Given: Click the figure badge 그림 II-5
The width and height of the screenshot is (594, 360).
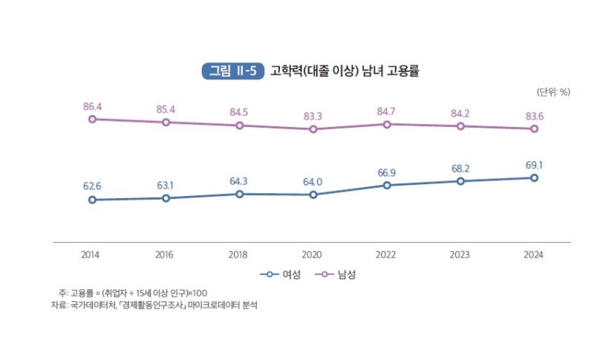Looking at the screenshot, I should coord(232,72).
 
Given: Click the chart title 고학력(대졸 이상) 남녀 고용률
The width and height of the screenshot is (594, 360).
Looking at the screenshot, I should coord(345,72).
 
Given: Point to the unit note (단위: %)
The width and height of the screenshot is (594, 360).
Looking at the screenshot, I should coord(552,92).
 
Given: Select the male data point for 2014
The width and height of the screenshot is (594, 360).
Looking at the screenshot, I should coord(92,119).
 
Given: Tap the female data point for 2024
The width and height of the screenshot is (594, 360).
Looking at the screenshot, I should coord(534,178).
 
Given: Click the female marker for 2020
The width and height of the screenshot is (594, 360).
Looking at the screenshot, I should coord(313,194).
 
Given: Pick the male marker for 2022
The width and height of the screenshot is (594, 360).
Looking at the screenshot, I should coord(387,124).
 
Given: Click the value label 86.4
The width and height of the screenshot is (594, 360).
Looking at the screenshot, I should coord(92,107).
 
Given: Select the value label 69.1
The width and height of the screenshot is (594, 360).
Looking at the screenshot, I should coord(534,166).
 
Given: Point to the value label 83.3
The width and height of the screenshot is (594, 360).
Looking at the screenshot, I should coord(313,117).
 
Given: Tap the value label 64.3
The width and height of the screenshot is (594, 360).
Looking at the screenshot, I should coord(239,181).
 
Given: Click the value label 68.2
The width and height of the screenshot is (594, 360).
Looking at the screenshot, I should coord(460,168).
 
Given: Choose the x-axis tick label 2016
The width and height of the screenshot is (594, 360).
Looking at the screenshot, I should coord(166,255).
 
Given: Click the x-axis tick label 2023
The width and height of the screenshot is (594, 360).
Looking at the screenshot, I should coord(460,255).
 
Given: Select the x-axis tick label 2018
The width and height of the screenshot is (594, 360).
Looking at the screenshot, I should coord(239,255).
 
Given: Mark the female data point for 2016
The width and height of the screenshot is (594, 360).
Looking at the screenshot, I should coord(166,198).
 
